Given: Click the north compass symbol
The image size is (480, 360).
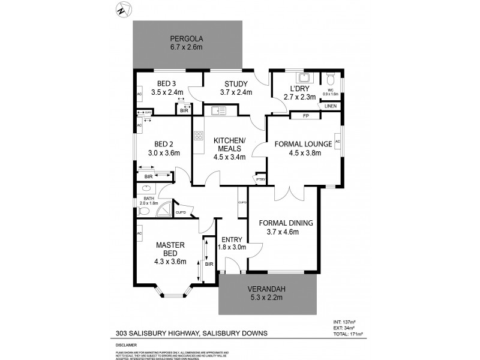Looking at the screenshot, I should pyautogui.click(x=123, y=10).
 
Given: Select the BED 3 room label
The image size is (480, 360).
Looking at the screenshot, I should pyautogui.click(x=166, y=83).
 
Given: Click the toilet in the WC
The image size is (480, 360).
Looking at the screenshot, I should pyautogui.click(x=330, y=80).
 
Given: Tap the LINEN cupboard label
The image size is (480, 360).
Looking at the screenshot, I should pyautogui.click(x=331, y=106).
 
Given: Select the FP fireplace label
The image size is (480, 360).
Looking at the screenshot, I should pyautogui.click(x=305, y=115).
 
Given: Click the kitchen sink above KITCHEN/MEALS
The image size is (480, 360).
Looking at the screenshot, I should pyautogui.click(x=217, y=110).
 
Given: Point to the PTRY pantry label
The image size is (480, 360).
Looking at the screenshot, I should pyautogui.click(x=260, y=179).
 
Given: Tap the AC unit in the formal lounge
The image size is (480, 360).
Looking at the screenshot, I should pyautogui.click(x=338, y=142).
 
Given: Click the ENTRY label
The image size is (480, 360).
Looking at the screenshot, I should pyautogui.click(x=232, y=239).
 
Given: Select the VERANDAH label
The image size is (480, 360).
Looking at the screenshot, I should pyautogui.click(x=267, y=290).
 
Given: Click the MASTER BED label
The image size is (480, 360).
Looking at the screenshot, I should pyautogui.click(x=170, y=249).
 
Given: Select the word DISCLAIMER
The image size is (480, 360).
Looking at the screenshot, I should pyautogui.click(x=126, y=346).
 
